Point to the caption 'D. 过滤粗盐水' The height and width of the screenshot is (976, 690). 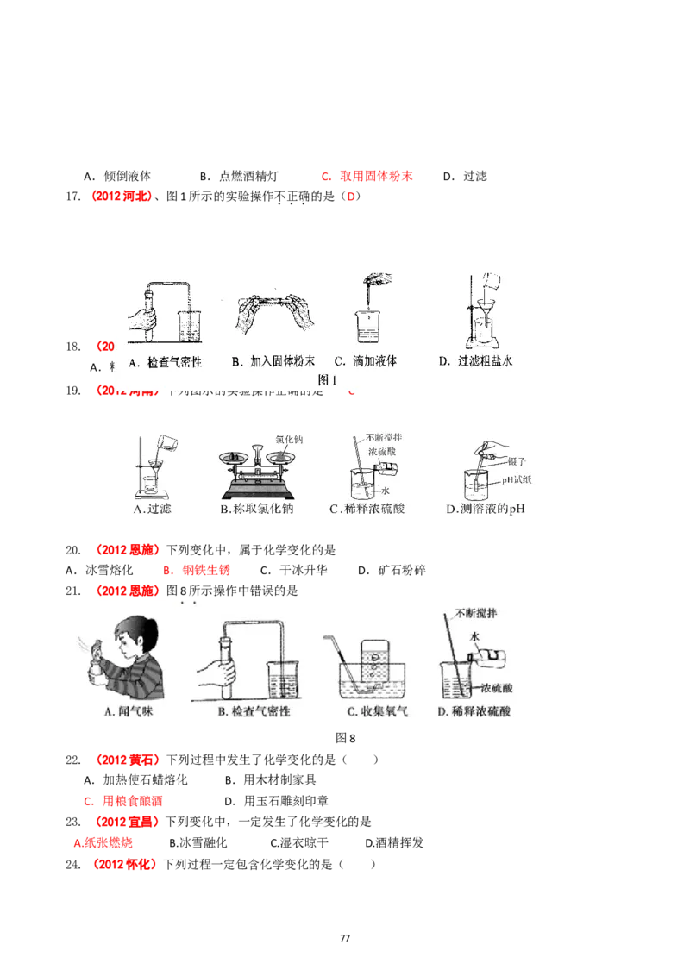476,362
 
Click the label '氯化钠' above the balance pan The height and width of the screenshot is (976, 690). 289,439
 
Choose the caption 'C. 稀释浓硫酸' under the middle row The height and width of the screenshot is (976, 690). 367,509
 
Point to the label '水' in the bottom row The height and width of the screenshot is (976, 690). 474,635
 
